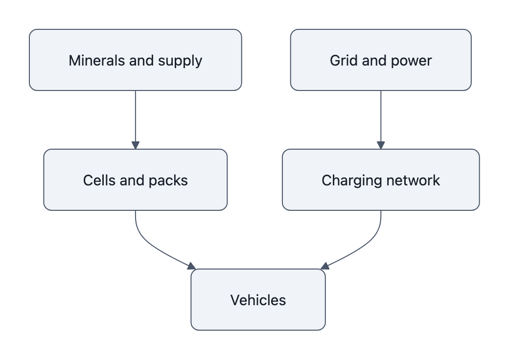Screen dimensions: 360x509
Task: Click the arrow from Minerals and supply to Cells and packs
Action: tap(136, 117)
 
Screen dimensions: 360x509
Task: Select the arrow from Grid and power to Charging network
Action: tap(381, 117)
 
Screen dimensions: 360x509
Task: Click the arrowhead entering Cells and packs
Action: tap(136, 145)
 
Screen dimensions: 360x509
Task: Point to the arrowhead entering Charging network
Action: tap(381, 145)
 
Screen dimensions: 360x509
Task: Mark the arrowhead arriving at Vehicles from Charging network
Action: tap(324, 266)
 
